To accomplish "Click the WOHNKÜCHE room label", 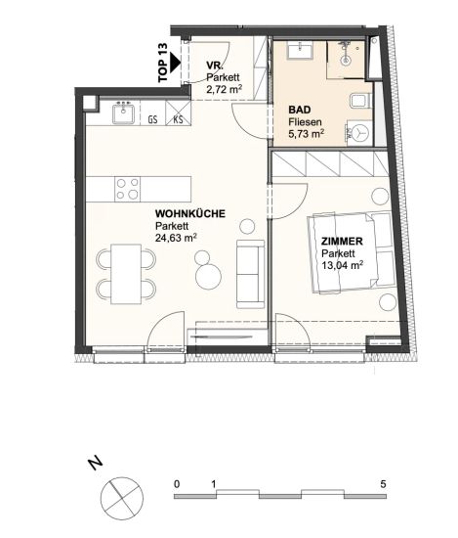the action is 190,214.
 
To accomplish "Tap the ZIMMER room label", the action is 342,242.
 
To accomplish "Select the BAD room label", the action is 300,110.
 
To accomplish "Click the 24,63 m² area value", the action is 176,238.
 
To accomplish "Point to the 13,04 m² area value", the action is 342,265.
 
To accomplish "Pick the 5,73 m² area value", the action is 307,134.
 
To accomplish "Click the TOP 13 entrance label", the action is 163,62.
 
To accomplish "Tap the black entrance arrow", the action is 176,63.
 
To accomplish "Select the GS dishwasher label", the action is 152,119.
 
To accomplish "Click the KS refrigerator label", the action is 178,119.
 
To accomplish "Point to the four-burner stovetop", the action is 127,189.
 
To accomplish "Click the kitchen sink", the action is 124,112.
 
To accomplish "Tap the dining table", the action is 126,274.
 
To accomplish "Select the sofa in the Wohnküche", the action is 250,274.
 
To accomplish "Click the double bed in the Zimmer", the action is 352,253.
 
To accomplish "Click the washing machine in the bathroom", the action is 359,133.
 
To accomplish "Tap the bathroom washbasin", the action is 300,50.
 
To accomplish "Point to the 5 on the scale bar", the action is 384,484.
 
